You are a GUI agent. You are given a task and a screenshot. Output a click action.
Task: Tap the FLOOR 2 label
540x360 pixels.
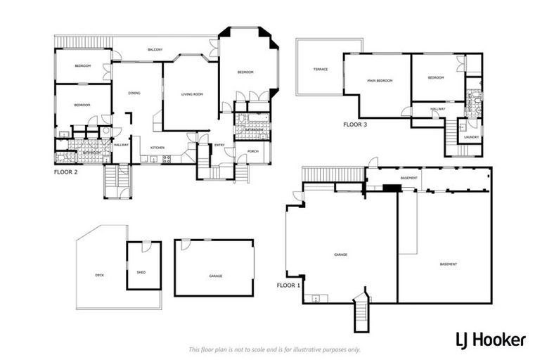pyautogui.click(x=67, y=171)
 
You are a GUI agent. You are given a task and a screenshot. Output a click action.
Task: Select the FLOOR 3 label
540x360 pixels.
pyautogui.click(x=354, y=124)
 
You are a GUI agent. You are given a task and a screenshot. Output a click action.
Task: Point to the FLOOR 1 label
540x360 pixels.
pyautogui.click(x=288, y=285)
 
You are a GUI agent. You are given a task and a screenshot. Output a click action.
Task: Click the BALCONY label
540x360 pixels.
pyautogui.click(x=155, y=50)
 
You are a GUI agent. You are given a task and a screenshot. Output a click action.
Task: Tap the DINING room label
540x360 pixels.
pyautogui.click(x=134, y=94)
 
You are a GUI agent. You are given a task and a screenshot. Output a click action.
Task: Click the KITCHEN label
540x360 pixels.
pyautogui.click(x=157, y=148)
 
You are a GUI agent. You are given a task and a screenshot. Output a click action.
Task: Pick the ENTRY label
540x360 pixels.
pyautogui.click(x=219, y=146)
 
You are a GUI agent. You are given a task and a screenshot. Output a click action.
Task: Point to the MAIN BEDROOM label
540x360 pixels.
pyautogui.click(x=380, y=81)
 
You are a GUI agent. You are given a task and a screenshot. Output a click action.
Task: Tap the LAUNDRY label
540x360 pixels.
pyautogui.click(x=472, y=137)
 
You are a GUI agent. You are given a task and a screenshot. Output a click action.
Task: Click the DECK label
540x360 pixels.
pyautogui.click(x=100, y=275)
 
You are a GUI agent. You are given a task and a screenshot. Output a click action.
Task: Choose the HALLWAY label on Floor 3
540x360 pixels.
pyautogui.click(x=438, y=109)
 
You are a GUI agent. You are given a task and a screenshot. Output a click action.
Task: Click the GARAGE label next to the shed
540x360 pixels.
pyautogui.click(x=215, y=276)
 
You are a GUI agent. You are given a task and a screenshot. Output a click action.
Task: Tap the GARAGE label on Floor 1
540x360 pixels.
pyautogui.click(x=342, y=254)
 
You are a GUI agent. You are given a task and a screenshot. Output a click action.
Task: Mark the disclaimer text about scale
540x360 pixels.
pyautogui.click(x=274, y=349)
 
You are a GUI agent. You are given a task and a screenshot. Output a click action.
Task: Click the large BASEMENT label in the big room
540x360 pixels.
pyautogui.click(x=449, y=264)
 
